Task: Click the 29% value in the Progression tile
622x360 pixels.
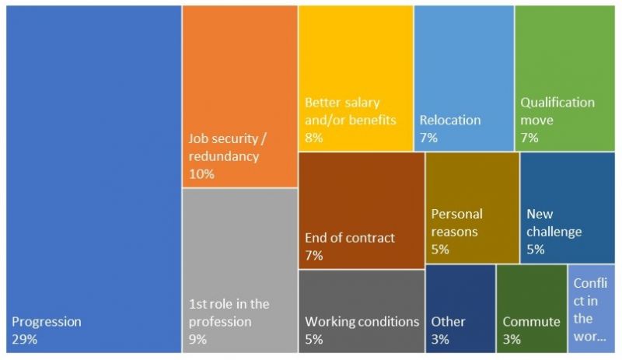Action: click(25, 338)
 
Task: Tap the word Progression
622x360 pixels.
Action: click(47, 322)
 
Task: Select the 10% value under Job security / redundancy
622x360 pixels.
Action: click(201, 173)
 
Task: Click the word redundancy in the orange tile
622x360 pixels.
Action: click(224, 156)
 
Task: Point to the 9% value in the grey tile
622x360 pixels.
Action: click(198, 338)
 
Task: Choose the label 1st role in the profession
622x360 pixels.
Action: click(229, 313)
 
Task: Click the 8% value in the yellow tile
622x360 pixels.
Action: click(313, 138)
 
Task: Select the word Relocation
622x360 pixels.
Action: click(450, 121)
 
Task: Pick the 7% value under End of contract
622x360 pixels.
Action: click(313, 255)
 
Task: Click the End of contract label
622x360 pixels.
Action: click(350, 238)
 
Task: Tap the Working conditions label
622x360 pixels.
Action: click(362, 322)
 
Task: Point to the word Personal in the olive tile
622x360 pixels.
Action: click(457, 214)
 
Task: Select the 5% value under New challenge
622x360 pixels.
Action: click(535, 250)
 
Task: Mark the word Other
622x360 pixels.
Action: click(448, 322)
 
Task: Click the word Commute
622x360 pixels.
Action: click(531, 322)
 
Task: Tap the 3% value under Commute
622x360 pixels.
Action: click(512, 338)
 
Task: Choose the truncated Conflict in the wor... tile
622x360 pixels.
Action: click(591, 309)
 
